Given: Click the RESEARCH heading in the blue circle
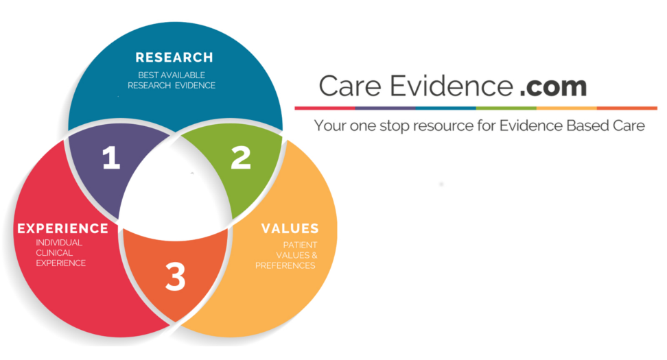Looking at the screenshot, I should click(174, 58).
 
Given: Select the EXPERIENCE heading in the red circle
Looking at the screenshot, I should click(62, 228).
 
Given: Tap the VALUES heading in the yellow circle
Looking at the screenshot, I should click(290, 228).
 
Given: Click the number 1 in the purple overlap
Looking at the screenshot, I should click(111, 158).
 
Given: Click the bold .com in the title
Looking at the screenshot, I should click(553, 86).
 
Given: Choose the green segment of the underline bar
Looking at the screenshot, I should click(506, 108).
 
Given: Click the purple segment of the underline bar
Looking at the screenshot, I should click(385, 108).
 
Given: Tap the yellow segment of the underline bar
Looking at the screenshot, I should click(566, 108).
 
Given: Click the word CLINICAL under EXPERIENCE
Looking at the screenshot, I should click(55, 252).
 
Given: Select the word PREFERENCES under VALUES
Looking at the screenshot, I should click(285, 265).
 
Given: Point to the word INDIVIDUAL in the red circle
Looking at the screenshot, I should click(59, 242).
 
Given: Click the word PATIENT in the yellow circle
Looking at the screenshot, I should click(300, 245).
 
